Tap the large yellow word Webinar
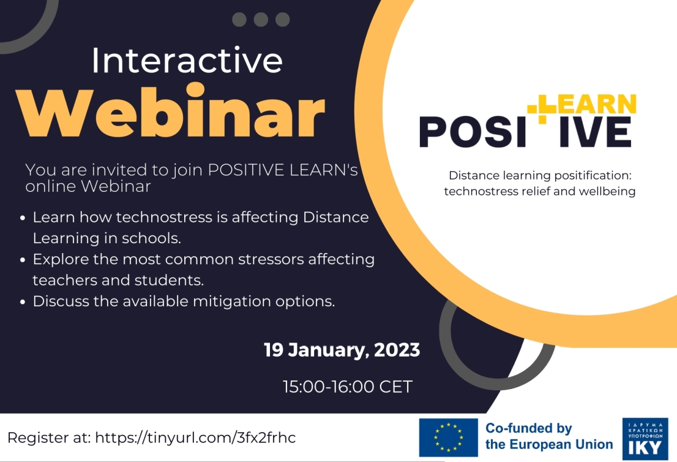pos(170,114)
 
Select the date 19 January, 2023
pos(342,350)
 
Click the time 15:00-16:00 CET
pos(347,387)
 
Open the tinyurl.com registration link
pos(195,437)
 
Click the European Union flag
pos(448,437)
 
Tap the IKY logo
pos(645,438)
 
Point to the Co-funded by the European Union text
pos(548,437)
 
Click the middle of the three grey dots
pos(261,20)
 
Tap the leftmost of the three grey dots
pos(239,20)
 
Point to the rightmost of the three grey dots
pos(282,20)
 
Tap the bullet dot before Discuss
pos(23,302)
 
